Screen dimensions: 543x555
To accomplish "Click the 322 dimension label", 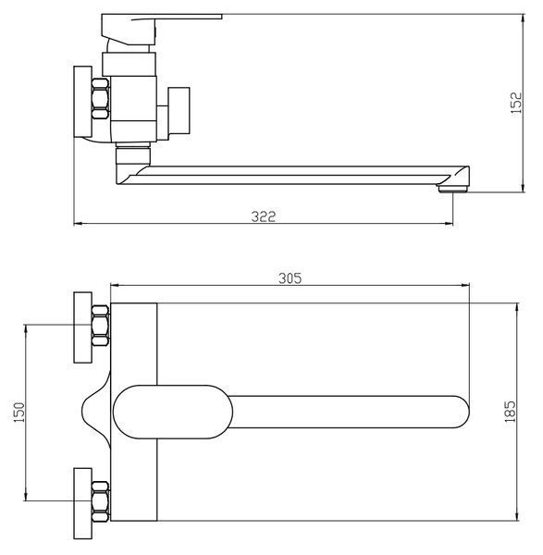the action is tap(264, 216).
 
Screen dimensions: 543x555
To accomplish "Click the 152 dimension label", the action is tap(516, 103).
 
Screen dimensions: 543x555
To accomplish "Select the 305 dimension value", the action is tap(290, 278).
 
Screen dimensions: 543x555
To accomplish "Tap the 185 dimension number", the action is tap(510, 412).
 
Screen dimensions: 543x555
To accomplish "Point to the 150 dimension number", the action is tap(19, 412).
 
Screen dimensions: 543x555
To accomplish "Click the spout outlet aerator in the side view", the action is tap(453, 190).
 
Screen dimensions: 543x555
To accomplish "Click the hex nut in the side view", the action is tap(100, 99).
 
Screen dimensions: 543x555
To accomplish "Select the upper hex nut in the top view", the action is tap(100, 326).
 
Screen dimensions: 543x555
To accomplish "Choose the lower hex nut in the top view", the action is tap(100, 501).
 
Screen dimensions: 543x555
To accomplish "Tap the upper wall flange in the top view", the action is tap(83, 327).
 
